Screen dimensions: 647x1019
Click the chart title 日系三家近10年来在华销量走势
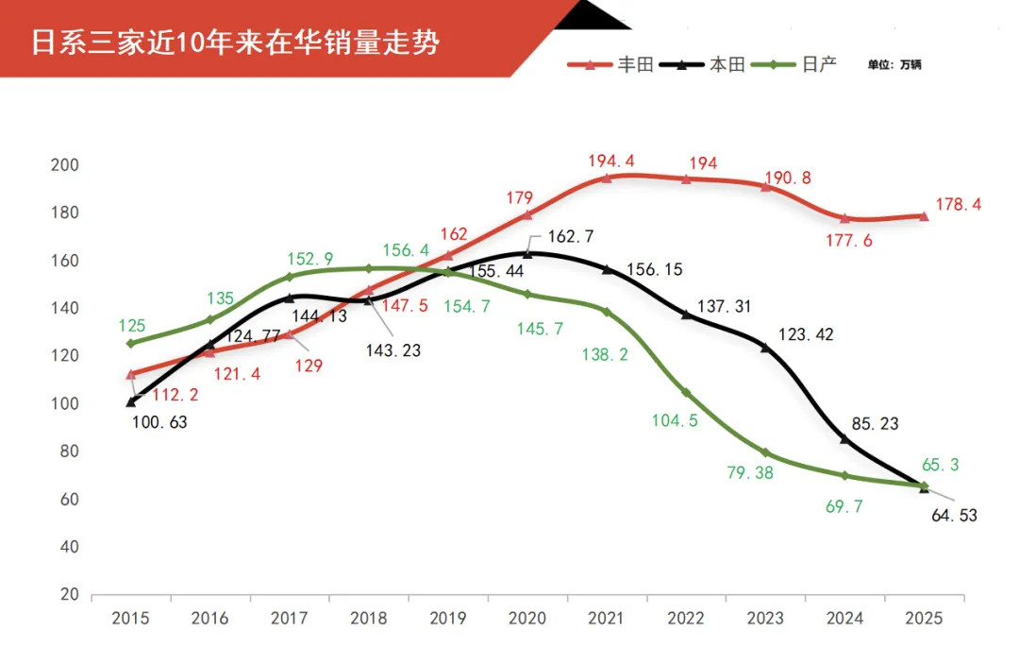pos(236,43)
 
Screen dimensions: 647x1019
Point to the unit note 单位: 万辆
pos(894,65)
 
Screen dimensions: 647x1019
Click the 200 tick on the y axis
pos(65,165)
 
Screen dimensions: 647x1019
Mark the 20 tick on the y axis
pos(69,595)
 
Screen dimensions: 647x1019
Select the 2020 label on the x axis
pos(527,620)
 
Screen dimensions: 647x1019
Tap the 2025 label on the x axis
pos(924,620)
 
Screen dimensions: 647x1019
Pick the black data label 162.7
pos(571,236)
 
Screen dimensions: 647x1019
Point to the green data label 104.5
pos(675,421)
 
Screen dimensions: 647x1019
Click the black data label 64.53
pos(953,516)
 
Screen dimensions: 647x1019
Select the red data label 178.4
pos(958,204)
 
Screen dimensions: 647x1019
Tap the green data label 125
pos(131,326)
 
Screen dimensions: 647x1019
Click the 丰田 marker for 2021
pos(607,178)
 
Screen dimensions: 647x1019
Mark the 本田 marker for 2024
pos(844,439)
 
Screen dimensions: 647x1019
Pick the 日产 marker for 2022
pos(686,393)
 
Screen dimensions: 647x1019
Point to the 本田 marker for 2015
pos(130,402)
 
